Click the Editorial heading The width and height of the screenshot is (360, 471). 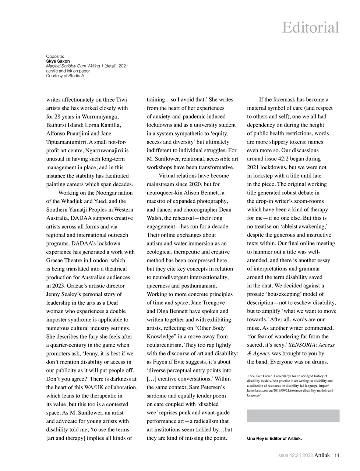(x=310, y=28)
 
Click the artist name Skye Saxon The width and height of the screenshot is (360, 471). (x=58, y=61)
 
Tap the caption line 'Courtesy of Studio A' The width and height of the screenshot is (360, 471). (x=65, y=76)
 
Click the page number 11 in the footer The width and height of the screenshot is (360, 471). (x=337, y=455)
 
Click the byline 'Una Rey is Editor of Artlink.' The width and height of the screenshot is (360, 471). (x=274, y=438)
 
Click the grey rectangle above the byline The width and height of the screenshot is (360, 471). (x=293, y=416)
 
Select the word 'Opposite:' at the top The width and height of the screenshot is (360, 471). (x=55, y=56)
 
